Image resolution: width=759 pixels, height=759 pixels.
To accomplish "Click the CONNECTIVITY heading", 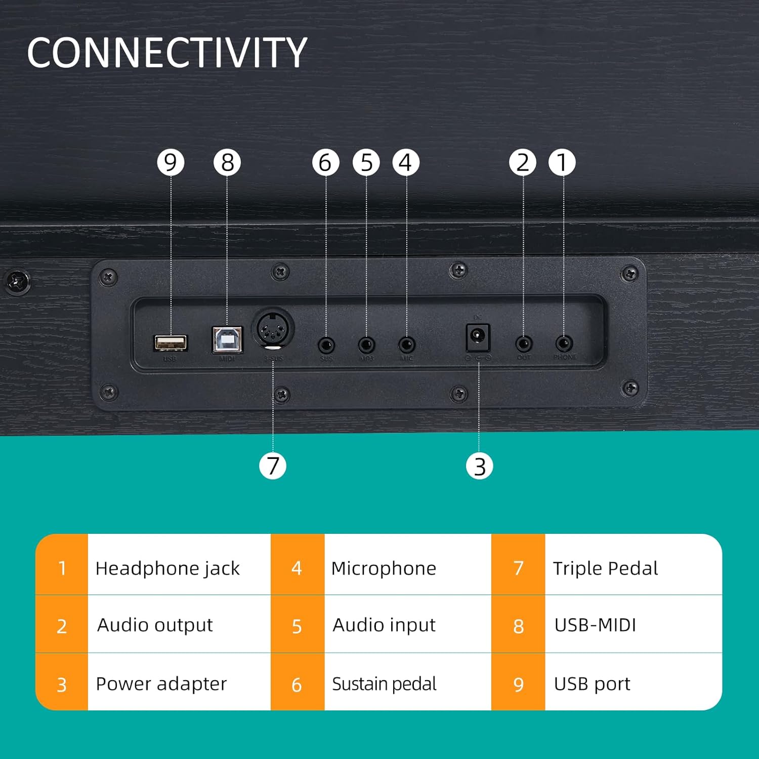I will tap(167, 53).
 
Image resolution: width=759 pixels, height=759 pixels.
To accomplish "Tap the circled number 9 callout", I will tap(171, 162).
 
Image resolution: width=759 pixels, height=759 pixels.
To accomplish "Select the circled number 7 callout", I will tap(273, 466).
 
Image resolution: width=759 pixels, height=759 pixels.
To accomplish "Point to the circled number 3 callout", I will tap(479, 466).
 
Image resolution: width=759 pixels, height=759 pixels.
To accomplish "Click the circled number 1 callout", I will tap(562, 162).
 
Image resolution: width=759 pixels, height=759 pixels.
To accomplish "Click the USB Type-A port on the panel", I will tap(171, 343).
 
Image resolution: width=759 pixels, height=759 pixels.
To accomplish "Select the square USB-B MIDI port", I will tap(227, 340).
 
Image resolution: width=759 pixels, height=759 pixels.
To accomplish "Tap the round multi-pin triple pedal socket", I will tap(273, 329).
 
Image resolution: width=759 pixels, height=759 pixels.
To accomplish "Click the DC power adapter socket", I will tap(478, 337).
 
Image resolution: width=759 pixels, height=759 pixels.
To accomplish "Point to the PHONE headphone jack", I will tap(564, 344).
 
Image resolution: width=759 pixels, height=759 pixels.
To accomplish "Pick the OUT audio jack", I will tap(524, 345).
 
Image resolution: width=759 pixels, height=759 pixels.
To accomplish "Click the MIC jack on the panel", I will tap(407, 346).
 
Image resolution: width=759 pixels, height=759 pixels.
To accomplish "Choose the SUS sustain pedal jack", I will tap(326, 346).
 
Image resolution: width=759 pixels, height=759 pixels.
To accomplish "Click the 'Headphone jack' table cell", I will tap(167, 568).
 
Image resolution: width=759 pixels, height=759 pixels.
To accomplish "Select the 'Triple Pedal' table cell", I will tap(605, 568).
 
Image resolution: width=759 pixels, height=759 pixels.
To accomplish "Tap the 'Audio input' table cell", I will tap(384, 625).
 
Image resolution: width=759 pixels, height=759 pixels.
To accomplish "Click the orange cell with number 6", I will tap(297, 685).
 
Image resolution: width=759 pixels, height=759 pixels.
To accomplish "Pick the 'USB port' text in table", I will tap(592, 684).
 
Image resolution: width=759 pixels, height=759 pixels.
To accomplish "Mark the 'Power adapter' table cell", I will tap(161, 684).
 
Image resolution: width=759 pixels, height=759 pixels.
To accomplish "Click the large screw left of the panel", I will tap(17, 281).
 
